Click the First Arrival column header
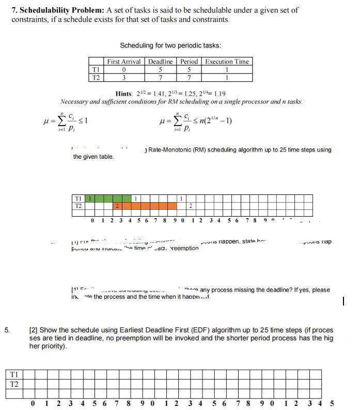pyautogui.click(x=123, y=62)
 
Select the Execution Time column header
pyautogui.click(x=227, y=62)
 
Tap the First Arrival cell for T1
pyautogui.click(x=123, y=70)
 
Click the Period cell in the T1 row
pyautogui.click(x=189, y=70)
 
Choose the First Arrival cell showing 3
pyautogui.click(x=123, y=78)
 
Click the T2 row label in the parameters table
pyautogui.click(x=95, y=78)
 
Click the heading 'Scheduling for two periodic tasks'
pyautogui.click(x=170, y=45)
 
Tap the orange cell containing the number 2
pyautogui.click(x=117, y=206)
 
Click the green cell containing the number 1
pyautogui.click(x=90, y=198)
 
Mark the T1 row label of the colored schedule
pyautogui.click(x=79, y=198)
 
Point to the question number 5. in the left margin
pyautogui.click(x=8, y=329)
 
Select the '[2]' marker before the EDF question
pyautogui.click(x=34, y=329)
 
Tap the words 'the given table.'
pyautogui.click(x=94, y=157)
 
